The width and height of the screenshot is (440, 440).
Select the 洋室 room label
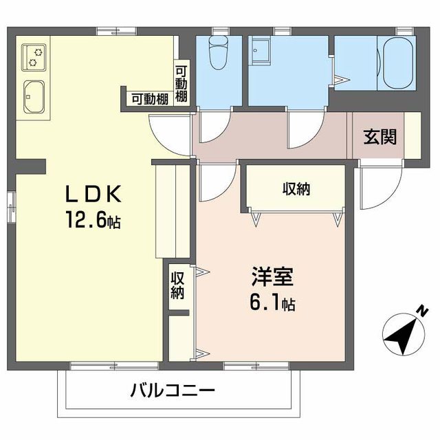272,279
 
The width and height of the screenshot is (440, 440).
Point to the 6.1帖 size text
272,303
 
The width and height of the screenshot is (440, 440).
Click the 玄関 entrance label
379,137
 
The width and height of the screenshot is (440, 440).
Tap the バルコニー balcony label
173,391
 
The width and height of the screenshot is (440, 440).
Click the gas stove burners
34,56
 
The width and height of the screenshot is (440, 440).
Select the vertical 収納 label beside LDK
178,285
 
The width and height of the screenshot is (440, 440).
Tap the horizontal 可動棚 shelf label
150,99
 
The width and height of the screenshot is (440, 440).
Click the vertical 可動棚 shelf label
181,84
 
